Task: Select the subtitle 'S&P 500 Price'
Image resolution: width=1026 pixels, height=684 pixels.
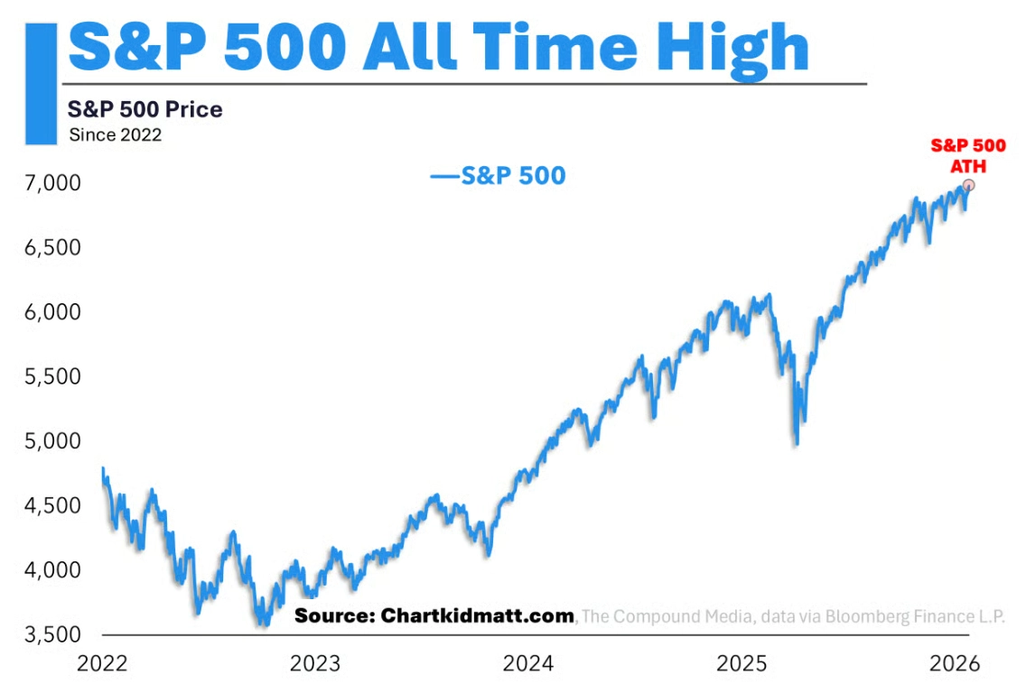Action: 145,110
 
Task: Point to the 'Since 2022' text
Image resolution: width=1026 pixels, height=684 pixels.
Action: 115,135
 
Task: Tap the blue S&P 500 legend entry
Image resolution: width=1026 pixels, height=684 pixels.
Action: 499,175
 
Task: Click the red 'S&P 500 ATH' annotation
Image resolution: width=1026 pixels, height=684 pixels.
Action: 968,155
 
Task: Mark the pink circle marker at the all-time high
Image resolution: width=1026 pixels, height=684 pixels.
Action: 969,185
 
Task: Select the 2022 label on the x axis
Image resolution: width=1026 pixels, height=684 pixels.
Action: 102,664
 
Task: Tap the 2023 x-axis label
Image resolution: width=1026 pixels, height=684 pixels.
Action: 315,664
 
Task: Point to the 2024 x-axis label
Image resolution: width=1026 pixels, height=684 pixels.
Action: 528,664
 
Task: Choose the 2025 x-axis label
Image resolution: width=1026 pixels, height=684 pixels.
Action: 742,664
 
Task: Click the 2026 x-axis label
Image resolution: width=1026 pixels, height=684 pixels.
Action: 955,664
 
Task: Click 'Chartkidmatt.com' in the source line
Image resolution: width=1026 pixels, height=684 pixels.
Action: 477,615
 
